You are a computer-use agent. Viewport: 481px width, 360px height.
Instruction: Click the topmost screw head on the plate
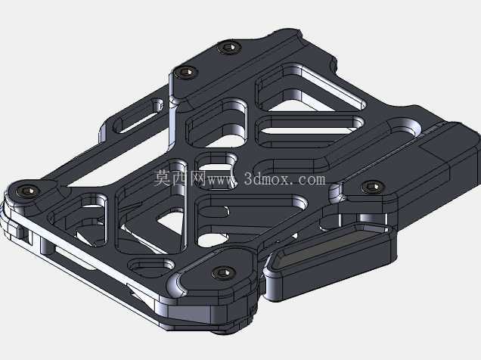[228, 48]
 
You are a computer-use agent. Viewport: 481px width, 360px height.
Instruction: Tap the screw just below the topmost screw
[185, 73]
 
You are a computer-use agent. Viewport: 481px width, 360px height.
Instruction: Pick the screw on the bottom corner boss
[223, 272]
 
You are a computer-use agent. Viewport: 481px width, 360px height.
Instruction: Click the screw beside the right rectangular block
[372, 187]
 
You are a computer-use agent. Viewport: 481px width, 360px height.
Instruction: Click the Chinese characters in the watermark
[179, 178]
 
